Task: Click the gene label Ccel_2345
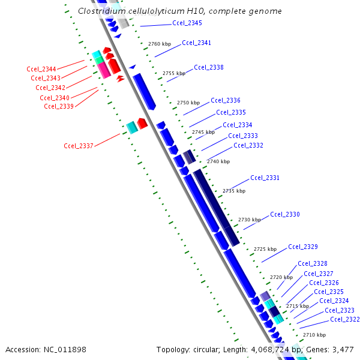point(187,23)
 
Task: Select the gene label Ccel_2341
point(196,43)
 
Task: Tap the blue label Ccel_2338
point(208,68)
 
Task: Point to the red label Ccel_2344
point(41,70)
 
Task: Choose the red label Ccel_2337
point(79,146)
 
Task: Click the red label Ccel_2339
point(59,107)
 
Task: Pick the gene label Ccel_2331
point(265,178)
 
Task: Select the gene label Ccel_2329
point(302,247)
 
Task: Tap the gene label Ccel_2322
point(344,319)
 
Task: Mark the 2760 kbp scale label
point(159,44)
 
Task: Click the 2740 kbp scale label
point(218,161)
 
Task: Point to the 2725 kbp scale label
point(265,249)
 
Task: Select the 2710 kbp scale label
point(314,335)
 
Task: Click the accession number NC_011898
point(65,349)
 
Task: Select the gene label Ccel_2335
point(230,112)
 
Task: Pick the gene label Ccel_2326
point(323,283)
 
